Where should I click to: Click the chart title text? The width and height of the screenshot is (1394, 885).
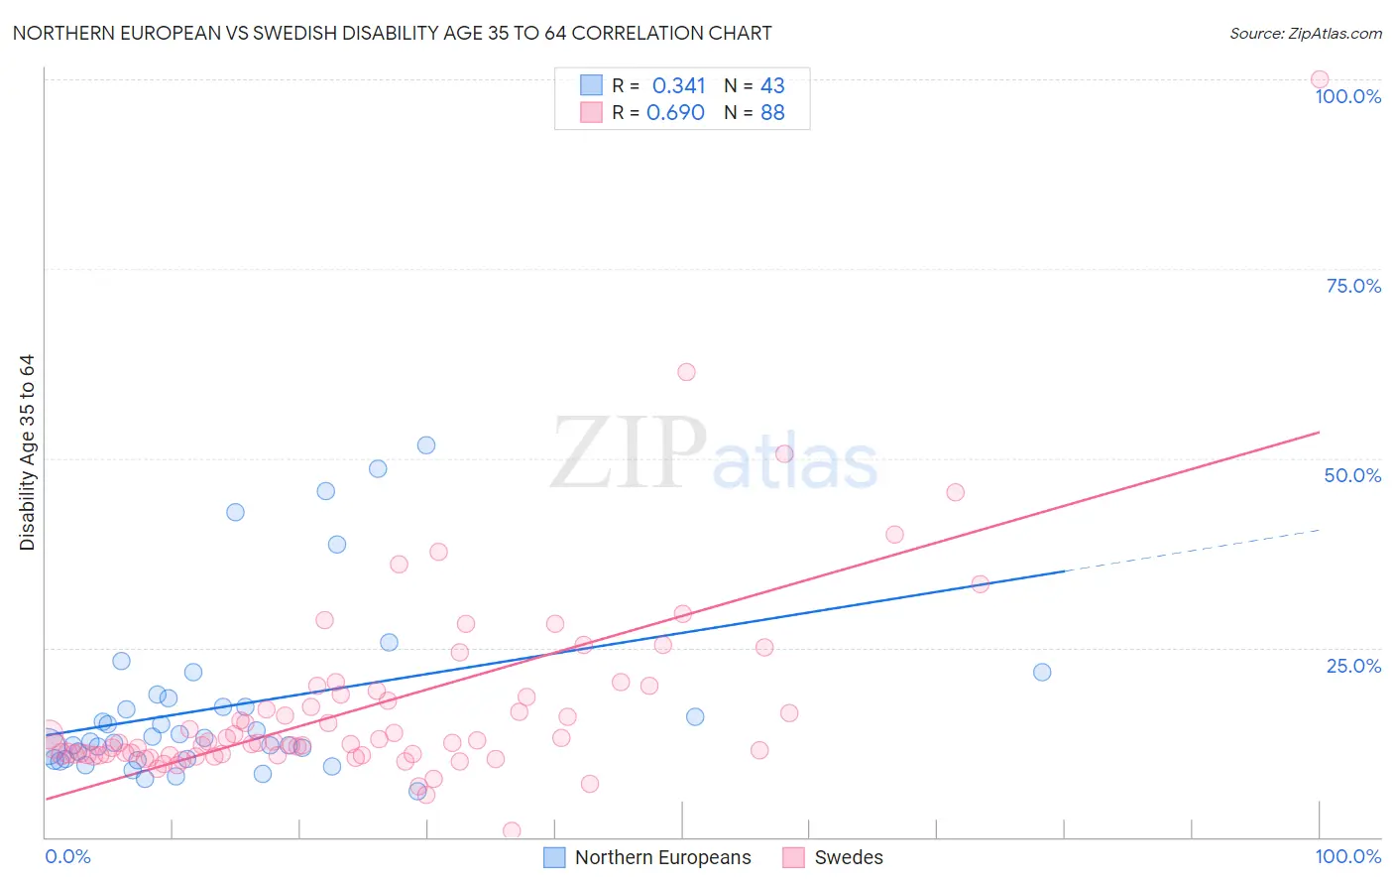(392, 33)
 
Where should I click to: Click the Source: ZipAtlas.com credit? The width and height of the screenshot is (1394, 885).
(1305, 33)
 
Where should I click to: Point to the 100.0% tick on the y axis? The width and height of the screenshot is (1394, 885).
(1347, 96)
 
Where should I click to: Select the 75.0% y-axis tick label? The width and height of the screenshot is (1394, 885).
(1353, 286)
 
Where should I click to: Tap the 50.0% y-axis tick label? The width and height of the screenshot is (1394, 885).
(1352, 475)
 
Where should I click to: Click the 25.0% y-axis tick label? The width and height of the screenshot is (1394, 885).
(1353, 666)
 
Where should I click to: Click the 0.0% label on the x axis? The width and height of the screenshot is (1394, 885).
(67, 856)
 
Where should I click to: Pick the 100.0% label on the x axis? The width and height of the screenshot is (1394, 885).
(1347, 856)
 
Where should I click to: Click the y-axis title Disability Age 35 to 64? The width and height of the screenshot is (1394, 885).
(27, 452)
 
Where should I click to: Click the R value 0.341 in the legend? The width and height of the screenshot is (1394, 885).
(678, 86)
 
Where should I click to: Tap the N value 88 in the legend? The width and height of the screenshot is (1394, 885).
(772, 113)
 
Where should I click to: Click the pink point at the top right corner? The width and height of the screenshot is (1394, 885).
(1320, 79)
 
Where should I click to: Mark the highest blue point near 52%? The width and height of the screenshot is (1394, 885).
(426, 445)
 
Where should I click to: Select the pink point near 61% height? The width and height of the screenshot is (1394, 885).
(686, 372)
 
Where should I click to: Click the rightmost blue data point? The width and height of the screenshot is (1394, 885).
(1042, 672)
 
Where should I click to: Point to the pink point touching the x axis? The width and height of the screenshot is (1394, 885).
(512, 830)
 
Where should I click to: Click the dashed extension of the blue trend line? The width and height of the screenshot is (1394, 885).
(1190, 551)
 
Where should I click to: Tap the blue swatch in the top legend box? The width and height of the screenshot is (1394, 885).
(591, 85)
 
